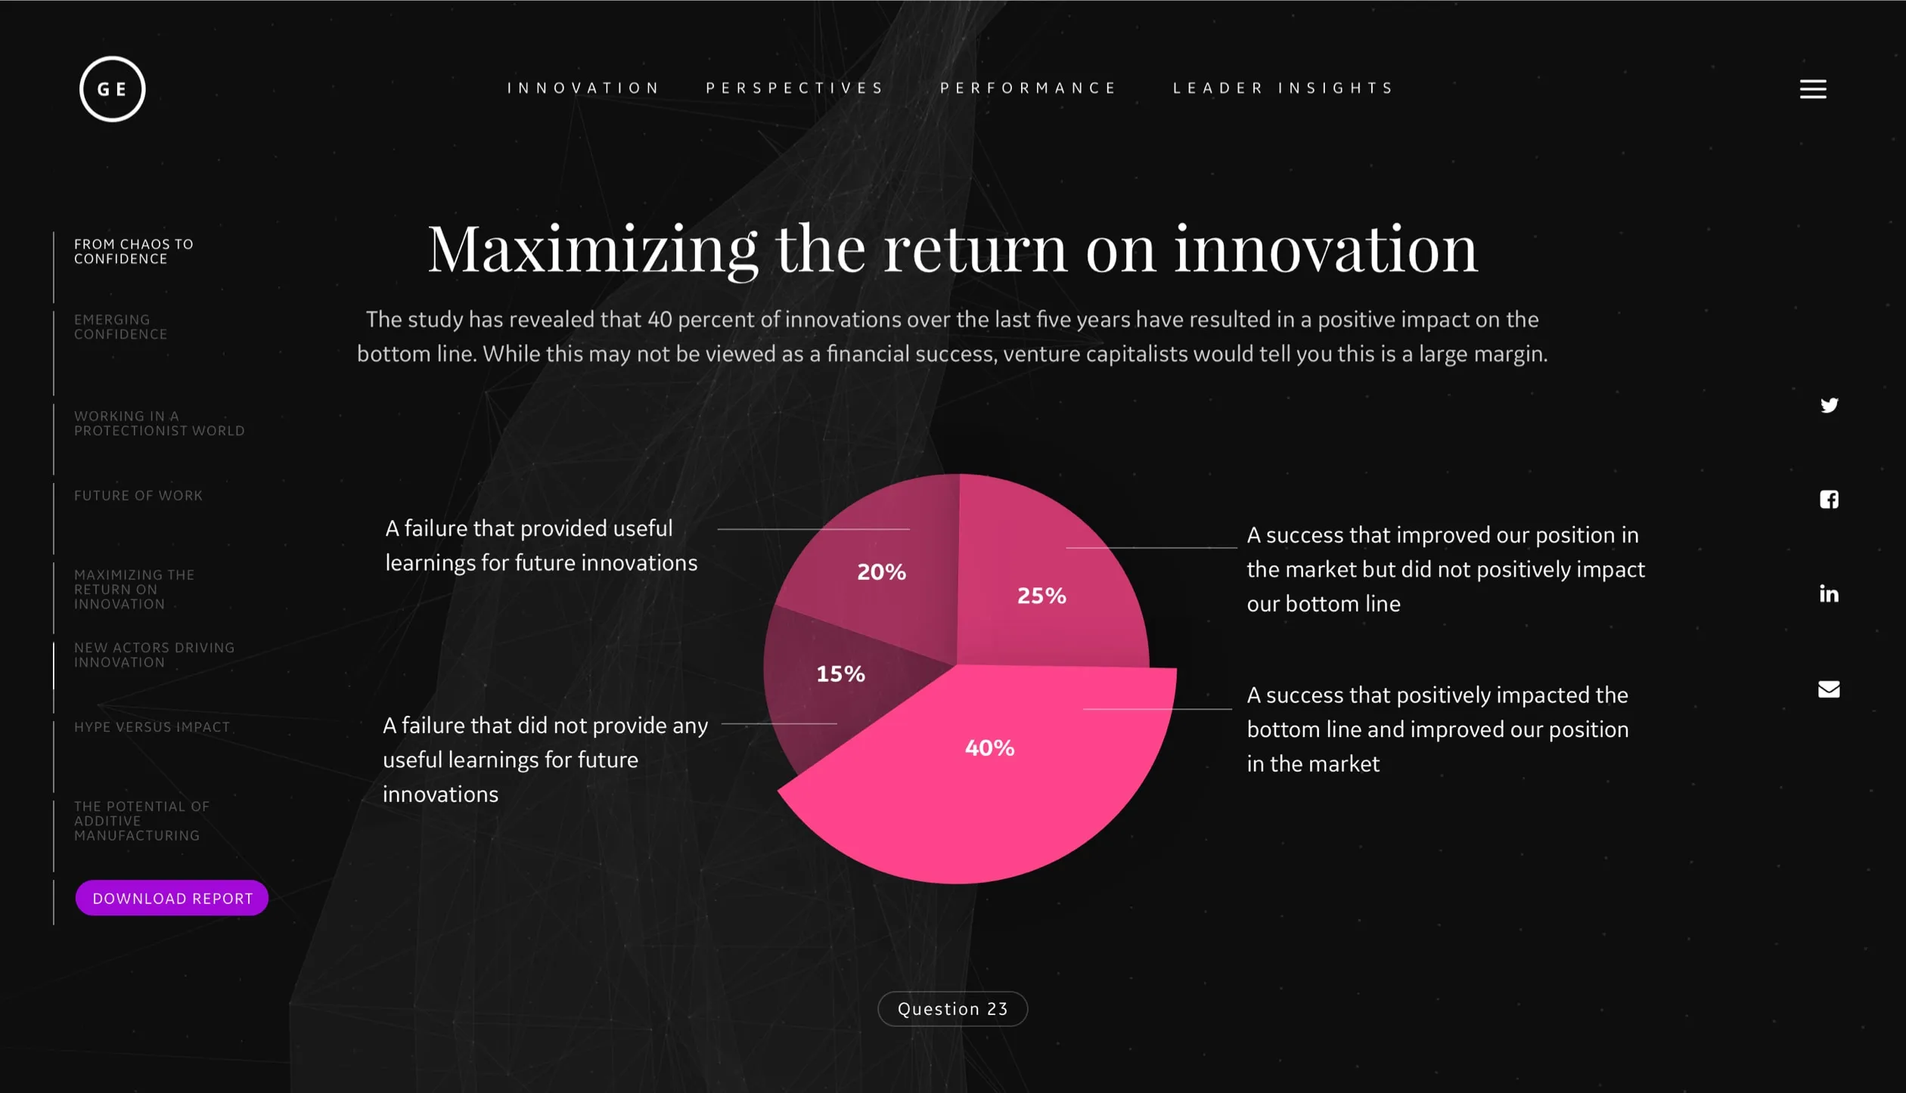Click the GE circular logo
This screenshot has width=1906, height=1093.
click(x=112, y=88)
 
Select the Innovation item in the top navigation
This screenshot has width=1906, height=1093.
click(x=583, y=88)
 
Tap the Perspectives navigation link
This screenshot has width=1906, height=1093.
click(x=795, y=88)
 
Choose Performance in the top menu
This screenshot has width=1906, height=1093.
click(x=1029, y=88)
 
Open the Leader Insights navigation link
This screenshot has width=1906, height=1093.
click(x=1284, y=88)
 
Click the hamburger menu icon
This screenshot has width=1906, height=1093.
click(x=1813, y=89)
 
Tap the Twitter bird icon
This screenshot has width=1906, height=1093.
click(x=1829, y=405)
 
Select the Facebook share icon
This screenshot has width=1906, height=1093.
click(x=1829, y=499)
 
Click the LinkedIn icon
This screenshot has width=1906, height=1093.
click(x=1829, y=593)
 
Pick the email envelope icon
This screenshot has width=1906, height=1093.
click(x=1829, y=689)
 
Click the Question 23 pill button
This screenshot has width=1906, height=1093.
click(x=952, y=1008)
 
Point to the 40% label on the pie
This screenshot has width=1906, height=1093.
click(x=989, y=748)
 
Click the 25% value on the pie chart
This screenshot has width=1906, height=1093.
click(x=1041, y=596)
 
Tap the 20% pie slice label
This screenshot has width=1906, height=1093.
click(x=881, y=571)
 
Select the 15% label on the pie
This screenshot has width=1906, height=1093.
click(x=840, y=673)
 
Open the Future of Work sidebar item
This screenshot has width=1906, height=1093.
click(x=138, y=496)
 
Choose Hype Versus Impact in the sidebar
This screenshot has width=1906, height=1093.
click(x=152, y=727)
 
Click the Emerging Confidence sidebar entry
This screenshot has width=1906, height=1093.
click(x=121, y=327)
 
